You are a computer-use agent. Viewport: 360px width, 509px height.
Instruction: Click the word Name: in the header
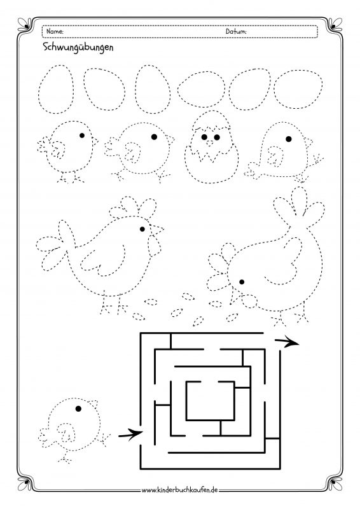click(x=55, y=31)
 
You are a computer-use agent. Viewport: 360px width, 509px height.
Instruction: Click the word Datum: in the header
click(x=236, y=31)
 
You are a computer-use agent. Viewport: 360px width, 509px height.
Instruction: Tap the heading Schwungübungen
click(x=78, y=47)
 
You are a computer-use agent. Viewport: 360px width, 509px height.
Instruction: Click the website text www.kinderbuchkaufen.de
click(x=179, y=490)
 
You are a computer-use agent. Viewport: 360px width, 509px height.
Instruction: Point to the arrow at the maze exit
click(x=287, y=342)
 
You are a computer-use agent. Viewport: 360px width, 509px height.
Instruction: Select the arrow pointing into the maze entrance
click(x=130, y=435)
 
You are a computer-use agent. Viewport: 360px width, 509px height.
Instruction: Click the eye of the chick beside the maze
click(x=78, y=408)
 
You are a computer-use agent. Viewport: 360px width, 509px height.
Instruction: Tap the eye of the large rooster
click(x=142, y=229)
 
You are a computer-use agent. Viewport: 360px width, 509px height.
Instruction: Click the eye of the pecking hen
click(x=242, y=282)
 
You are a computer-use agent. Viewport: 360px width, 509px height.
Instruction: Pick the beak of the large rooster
click(x=157, y=230)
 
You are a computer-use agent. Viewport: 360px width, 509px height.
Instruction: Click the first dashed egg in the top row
click(x=56, y=89)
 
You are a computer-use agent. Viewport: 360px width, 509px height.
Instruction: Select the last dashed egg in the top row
click(x=299, y=89)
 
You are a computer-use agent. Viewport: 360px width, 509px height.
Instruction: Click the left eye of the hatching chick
click(x=204, y=137)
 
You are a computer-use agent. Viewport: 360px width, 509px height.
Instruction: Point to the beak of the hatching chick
click(x=210, y=143)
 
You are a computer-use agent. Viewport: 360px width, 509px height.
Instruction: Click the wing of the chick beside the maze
click(x=66, y=432)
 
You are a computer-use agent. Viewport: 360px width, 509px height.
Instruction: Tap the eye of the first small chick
click(x=82, y=136)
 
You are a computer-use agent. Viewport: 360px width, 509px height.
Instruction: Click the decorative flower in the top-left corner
click(x=25, y=25)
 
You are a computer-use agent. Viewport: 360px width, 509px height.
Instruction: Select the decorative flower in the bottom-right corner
click(x=335, y=483)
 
